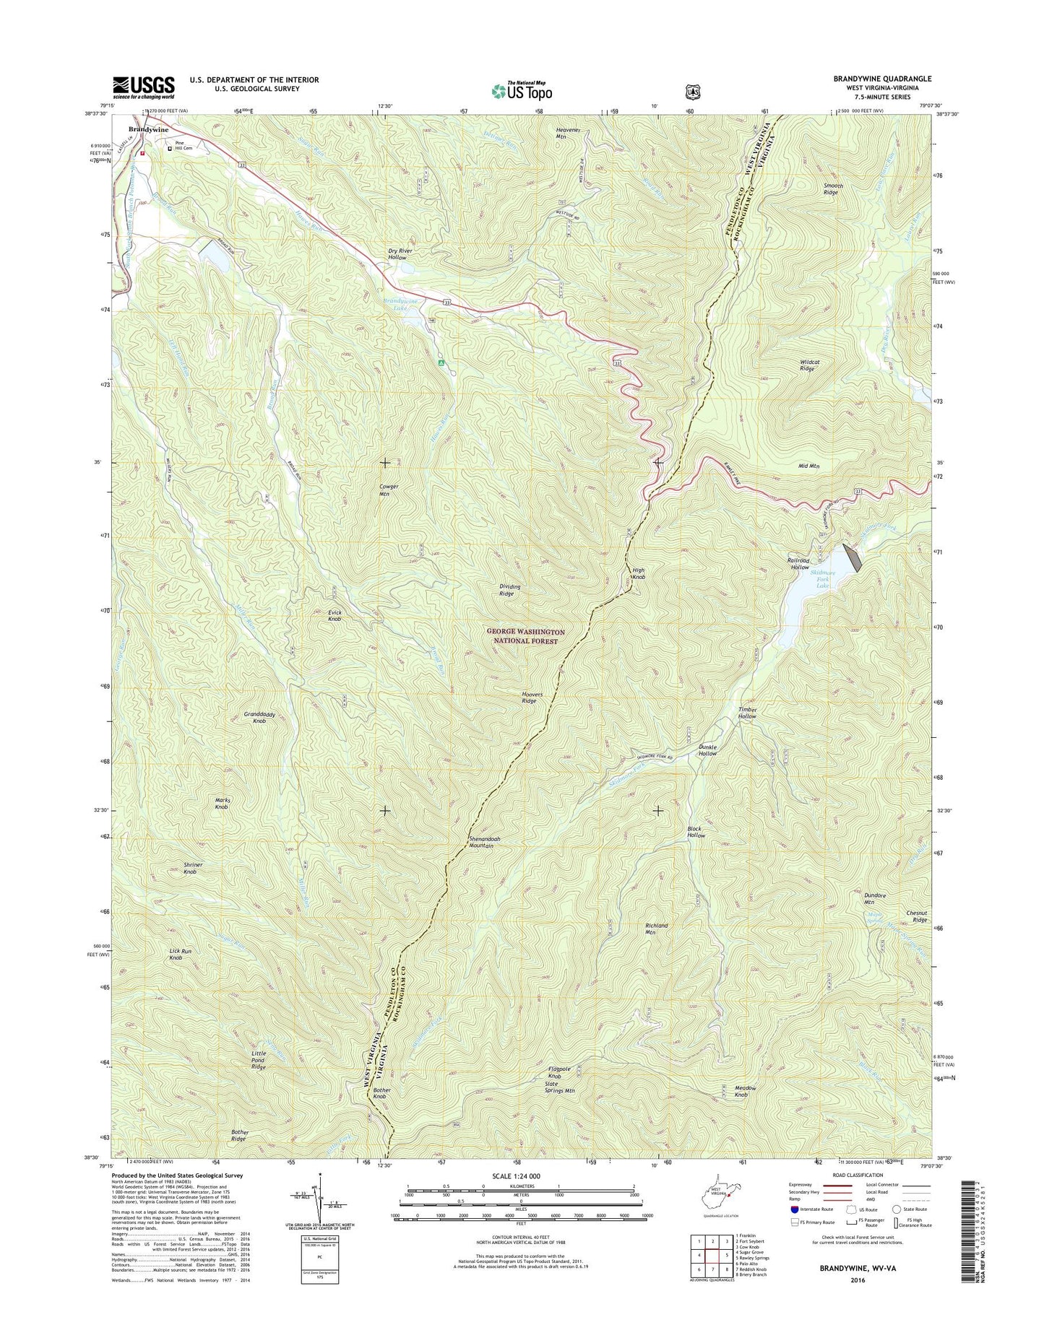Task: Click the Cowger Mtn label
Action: point(389,490)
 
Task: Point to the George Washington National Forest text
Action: point(527,636)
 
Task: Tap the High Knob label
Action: point(638,574)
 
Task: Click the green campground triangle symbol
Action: point(441,363)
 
